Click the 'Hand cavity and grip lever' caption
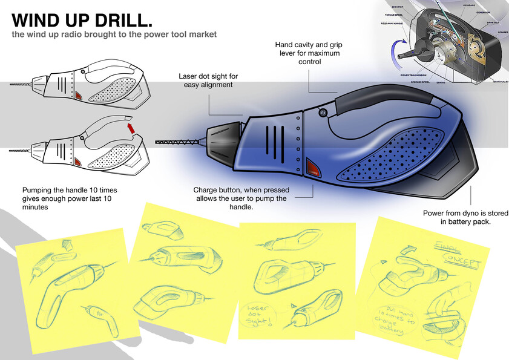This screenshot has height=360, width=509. click(307, 53)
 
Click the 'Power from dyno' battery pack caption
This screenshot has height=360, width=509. click(465, 218)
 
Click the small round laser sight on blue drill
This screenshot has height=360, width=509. click(321, 112)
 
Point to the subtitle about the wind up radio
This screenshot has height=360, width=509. click(114, 34)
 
